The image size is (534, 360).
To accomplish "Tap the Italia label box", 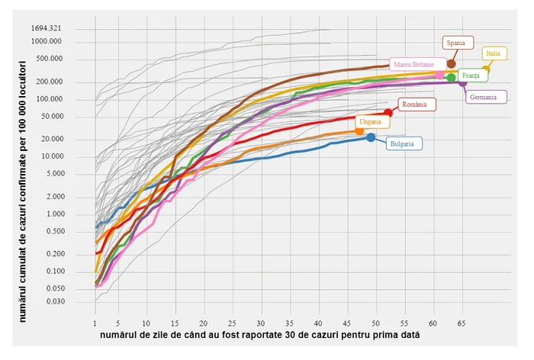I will tap(494, 53).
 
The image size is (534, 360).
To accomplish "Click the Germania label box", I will tap(484, 97).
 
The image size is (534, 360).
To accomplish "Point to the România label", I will tap(415, 104).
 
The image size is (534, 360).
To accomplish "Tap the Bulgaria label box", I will tap(404, 143).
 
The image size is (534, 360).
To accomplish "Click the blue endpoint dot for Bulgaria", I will tap(372, 137).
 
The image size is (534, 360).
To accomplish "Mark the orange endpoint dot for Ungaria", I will tap(360, 131).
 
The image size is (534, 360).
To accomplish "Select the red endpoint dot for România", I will tap(388, 113).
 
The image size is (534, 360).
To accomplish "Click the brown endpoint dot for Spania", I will tap(451, 63).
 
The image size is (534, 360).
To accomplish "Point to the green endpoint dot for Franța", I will tap(451, 77).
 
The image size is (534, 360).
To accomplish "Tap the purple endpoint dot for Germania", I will tap(462, 82).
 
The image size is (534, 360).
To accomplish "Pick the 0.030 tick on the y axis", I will tap(53, 302).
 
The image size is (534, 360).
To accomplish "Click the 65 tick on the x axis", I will tap(462, 324).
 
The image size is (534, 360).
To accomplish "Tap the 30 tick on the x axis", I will tap(262, 324).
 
